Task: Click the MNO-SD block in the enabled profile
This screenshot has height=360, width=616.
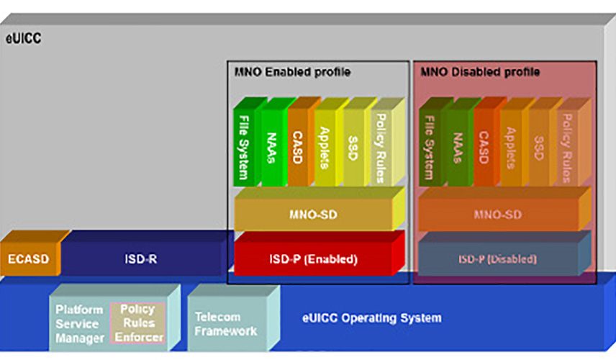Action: [314, 215]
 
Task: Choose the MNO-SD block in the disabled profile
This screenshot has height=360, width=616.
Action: [497, 215]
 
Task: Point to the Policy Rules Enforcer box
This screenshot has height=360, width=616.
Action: [137, 323]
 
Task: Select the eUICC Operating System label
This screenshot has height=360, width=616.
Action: [372, 318]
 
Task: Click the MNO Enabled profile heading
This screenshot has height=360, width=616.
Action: [292, 72]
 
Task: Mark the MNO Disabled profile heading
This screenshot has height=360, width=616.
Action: [480, 72]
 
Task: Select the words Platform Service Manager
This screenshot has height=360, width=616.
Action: [79, 323]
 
